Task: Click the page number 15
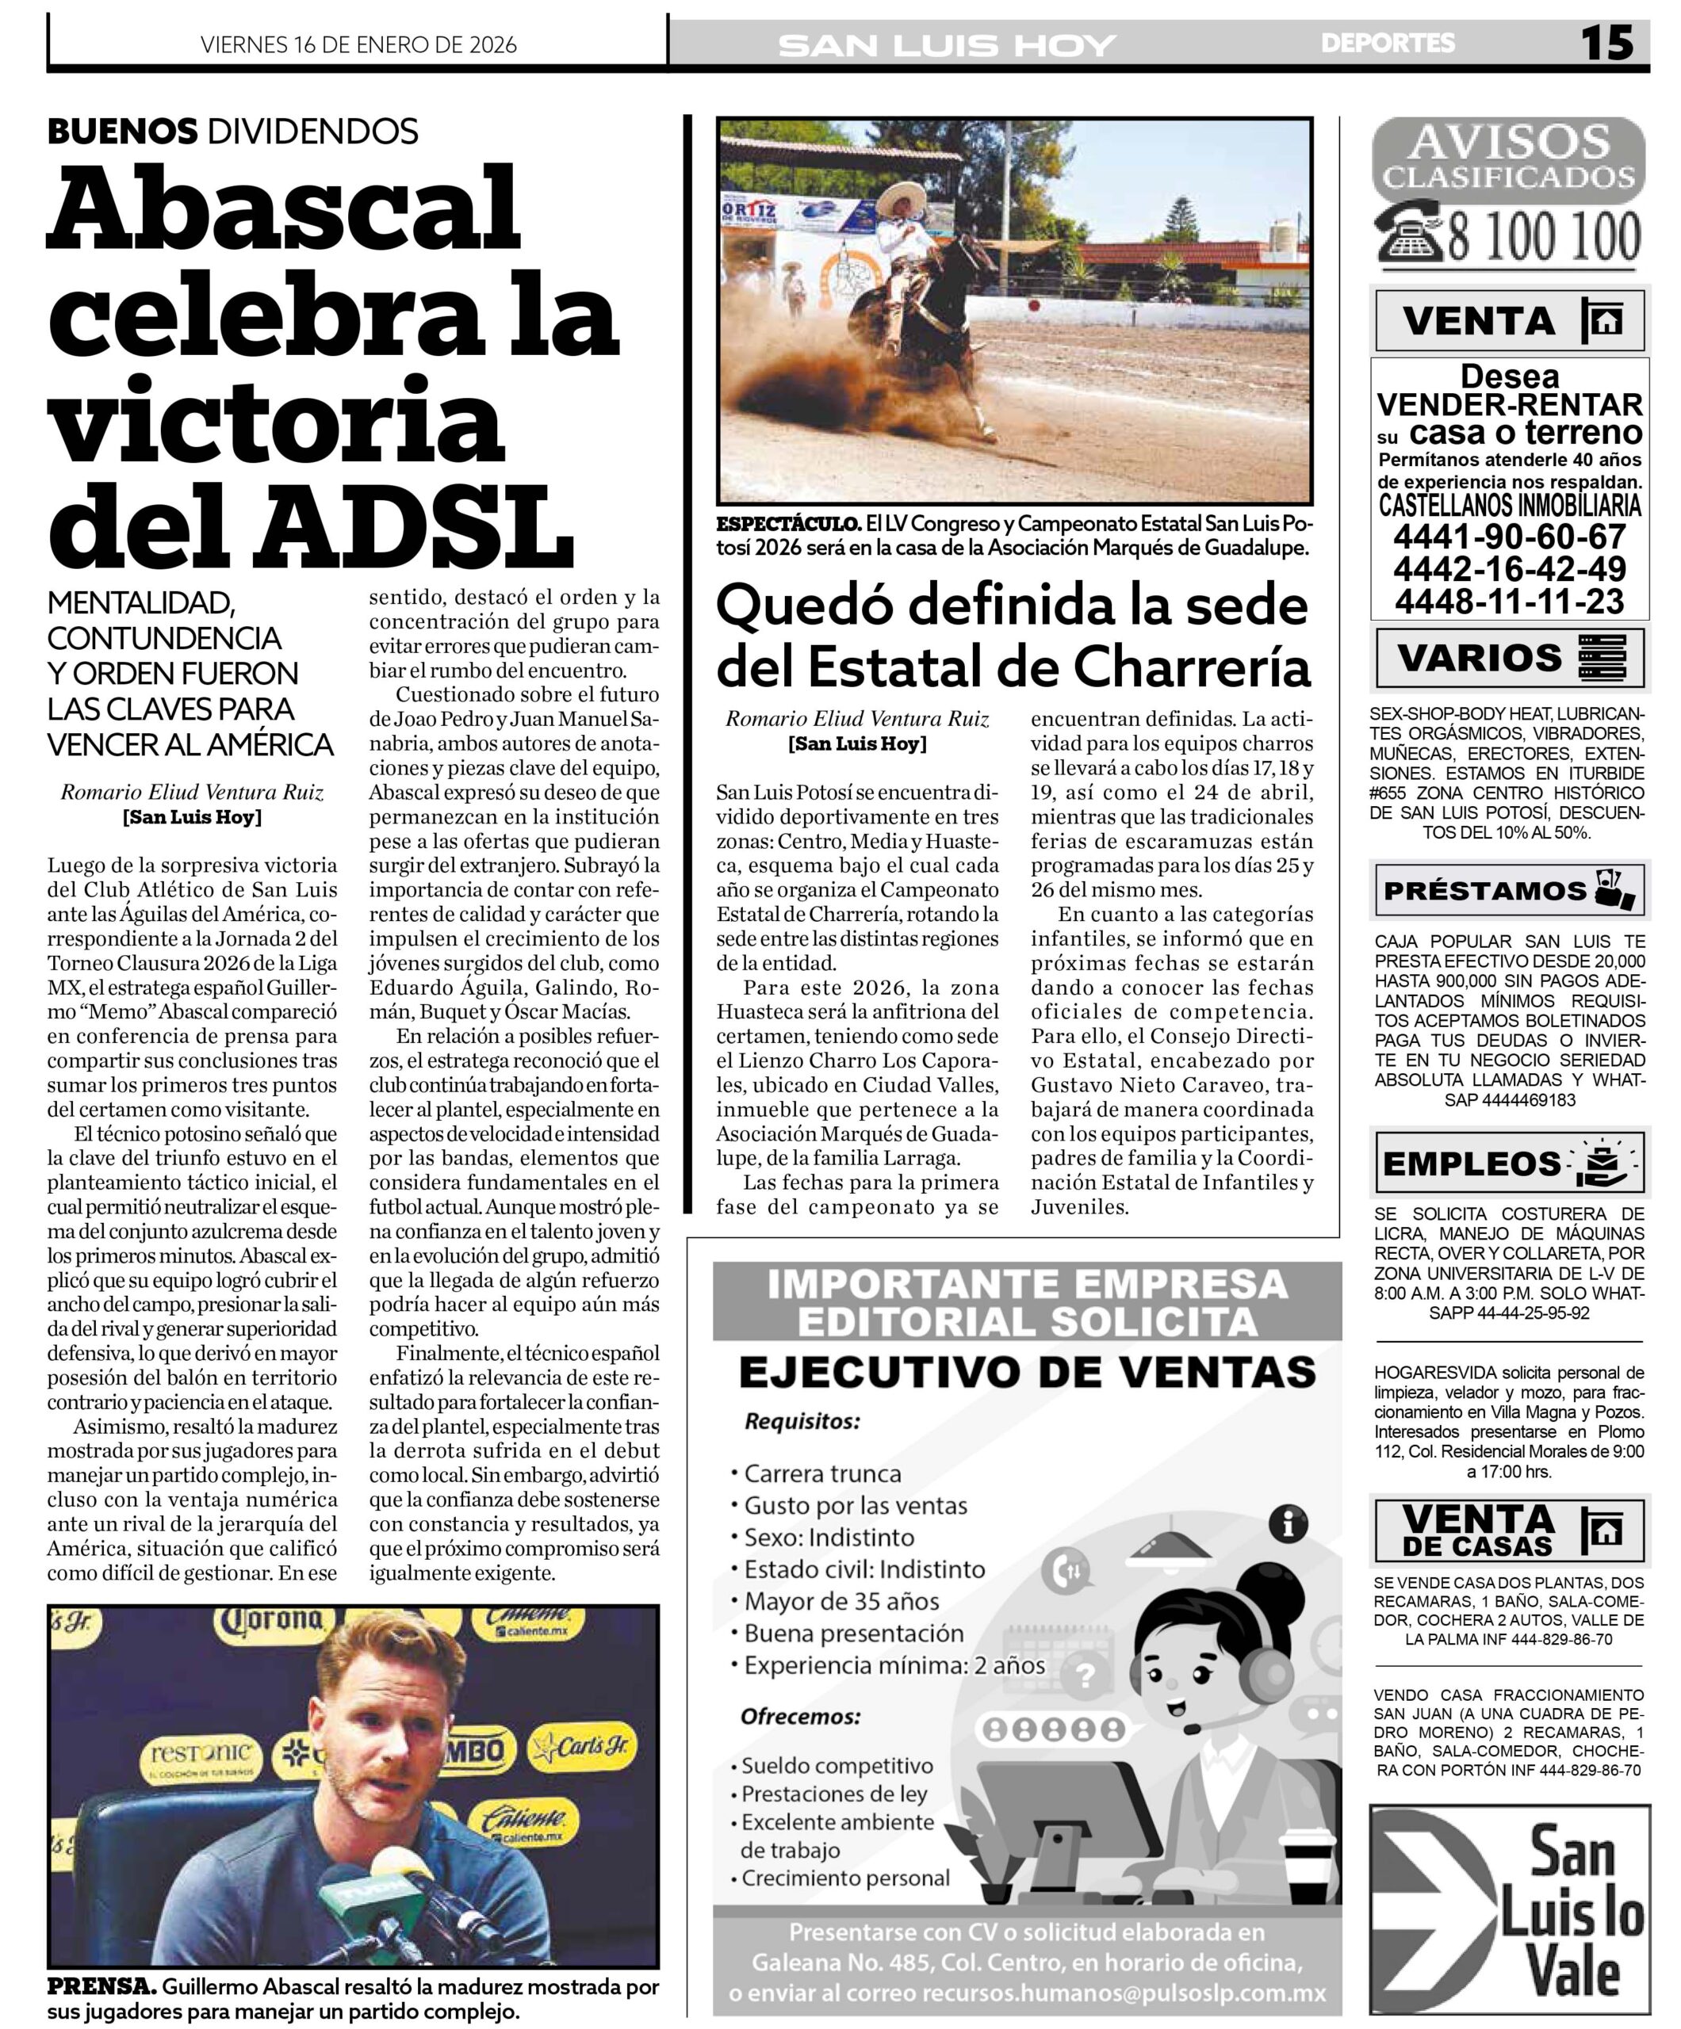pyautogui.click(x=1606, y=44)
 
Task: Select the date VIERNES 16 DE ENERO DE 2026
pyautogui.click(x=358, y=44)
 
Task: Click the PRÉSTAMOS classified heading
pyautogui.click(x=1485, y=891)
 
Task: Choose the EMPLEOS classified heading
pyautogui.click(x=1471, y=1164)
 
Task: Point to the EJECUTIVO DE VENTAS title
pyautogui.click(x=1027, y=1372)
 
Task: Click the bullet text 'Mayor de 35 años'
pyautogui.click(x=841, y=1601)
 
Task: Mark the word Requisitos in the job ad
pyautogui.click(x=802, y=1421)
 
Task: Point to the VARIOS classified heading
pyautogui.click(x=1479, y=658)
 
